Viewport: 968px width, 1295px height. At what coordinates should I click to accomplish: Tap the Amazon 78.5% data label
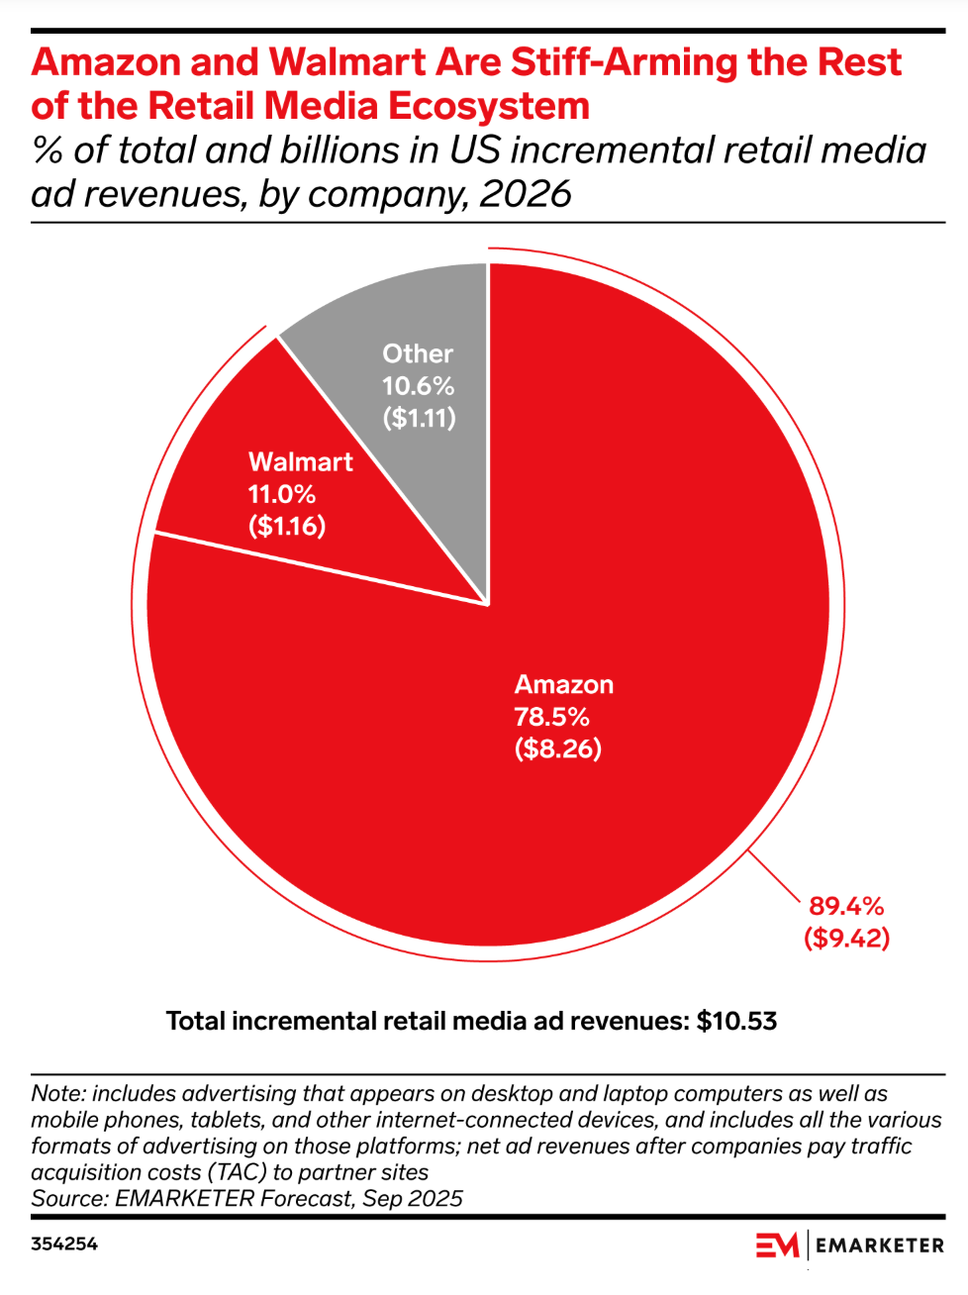click(551, 717)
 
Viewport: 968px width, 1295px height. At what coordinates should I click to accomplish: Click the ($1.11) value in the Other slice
click(420, 418)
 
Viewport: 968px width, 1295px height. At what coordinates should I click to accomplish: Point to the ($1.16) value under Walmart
click(287, 526)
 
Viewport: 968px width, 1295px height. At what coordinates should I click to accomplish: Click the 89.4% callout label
click(846, 906)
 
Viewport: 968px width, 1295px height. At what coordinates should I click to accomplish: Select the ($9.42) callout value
click(846, 938)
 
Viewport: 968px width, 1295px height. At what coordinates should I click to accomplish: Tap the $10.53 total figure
click(736, 1021)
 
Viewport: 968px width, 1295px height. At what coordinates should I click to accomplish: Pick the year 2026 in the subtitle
click(526, 194)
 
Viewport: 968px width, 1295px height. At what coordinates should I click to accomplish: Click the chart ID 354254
click(64, 1245)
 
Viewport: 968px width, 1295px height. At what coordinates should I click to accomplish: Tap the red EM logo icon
click(777, 1245)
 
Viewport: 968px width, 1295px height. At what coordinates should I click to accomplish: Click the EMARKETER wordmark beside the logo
click(880, 1245)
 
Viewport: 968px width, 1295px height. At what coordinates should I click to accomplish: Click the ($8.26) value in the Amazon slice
click(557, 748)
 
